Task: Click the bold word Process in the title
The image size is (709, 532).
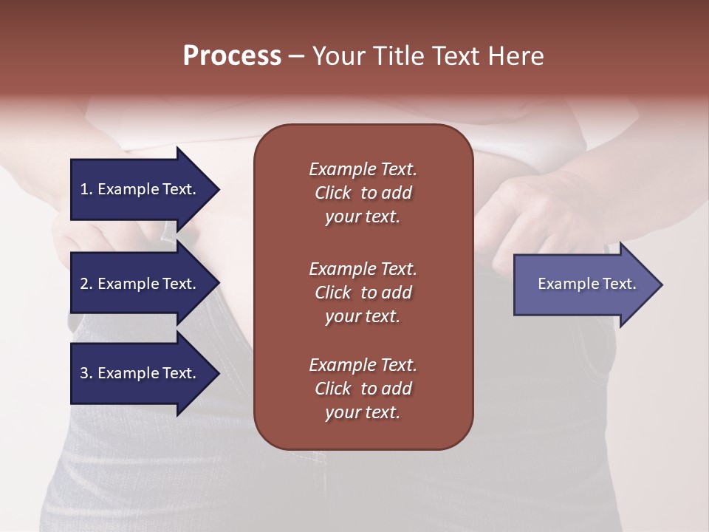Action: click(x=232, y=56)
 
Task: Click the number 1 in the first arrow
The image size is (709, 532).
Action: click(x=84, y=189)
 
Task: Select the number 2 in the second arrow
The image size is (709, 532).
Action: click(x=84, y=284)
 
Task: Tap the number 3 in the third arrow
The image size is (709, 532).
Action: click(x=84, y=373)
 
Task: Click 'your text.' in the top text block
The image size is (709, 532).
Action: click(x=362, y=217)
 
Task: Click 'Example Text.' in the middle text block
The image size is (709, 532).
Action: click(x=363, y=268)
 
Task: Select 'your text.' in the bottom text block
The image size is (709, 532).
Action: click(x=362, y=413)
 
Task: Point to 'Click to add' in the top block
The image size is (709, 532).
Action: click(x=363, y=193)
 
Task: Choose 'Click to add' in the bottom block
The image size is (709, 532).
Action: click(x=363, y=389)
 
